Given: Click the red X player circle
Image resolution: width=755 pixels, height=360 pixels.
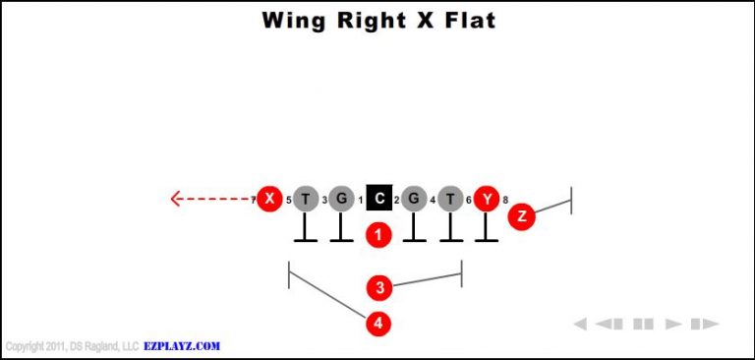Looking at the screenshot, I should tap(268, 199).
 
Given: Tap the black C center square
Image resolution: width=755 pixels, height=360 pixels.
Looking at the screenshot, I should tap(378, 199).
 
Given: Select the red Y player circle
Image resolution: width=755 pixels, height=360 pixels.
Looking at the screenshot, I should tap(487, 199).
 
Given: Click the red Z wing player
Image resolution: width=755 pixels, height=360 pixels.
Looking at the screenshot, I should tap(521, 216).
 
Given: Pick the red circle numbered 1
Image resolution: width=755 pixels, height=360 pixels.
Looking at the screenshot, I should tap(378, 235).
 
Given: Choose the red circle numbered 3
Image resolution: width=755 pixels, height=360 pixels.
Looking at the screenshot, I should tap(378, 287).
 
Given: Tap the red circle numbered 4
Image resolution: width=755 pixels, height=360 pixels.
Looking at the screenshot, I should tap(378, 323).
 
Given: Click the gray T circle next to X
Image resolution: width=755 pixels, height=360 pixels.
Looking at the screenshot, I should tap(306, 199).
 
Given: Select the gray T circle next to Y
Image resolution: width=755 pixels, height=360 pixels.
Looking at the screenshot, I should tap(450, 199).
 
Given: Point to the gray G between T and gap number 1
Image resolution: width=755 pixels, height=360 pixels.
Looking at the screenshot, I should tap(340, 199).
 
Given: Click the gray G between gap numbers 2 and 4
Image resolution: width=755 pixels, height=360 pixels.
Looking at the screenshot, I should tap(414, 199).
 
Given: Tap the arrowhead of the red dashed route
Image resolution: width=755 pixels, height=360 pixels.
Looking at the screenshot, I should tap(176, 199).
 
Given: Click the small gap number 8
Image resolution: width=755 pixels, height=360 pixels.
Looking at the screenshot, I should tap(505, 201).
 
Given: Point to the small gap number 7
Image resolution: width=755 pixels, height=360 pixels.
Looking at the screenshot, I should tap(253, 201).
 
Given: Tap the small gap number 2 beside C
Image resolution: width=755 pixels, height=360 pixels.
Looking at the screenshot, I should tap(396, 201).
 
